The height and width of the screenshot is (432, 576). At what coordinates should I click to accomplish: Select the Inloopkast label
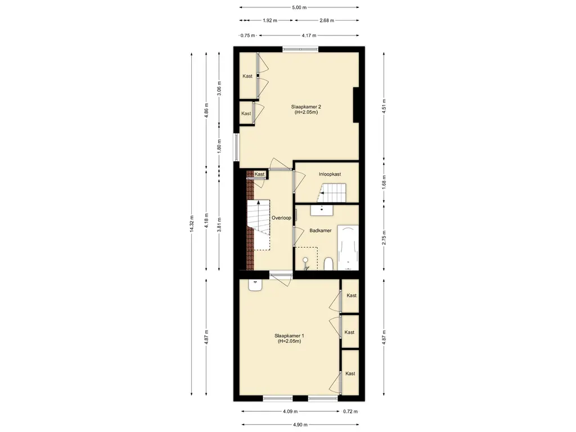330,174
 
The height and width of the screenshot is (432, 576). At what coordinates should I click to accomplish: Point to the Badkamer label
320,231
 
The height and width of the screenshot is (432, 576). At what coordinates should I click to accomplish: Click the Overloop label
281,218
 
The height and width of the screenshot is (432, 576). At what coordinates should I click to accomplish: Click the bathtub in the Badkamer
348,247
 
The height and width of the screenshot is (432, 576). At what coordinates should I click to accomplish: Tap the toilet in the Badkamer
328,264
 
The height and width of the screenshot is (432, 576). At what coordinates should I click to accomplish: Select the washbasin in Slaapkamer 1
255,285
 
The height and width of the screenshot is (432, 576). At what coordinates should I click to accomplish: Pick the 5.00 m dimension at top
299,7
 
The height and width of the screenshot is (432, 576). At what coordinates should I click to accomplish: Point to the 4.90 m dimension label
300,425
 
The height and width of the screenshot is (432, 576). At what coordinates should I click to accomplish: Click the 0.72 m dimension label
350,411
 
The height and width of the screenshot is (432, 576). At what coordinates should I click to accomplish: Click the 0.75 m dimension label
247,35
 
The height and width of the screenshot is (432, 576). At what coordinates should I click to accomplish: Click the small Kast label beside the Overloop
260,174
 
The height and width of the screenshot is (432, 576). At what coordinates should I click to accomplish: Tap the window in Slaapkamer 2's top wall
300,49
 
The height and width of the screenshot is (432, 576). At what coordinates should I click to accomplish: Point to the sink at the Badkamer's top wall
322,210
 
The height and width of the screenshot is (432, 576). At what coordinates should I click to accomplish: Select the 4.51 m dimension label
384,106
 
